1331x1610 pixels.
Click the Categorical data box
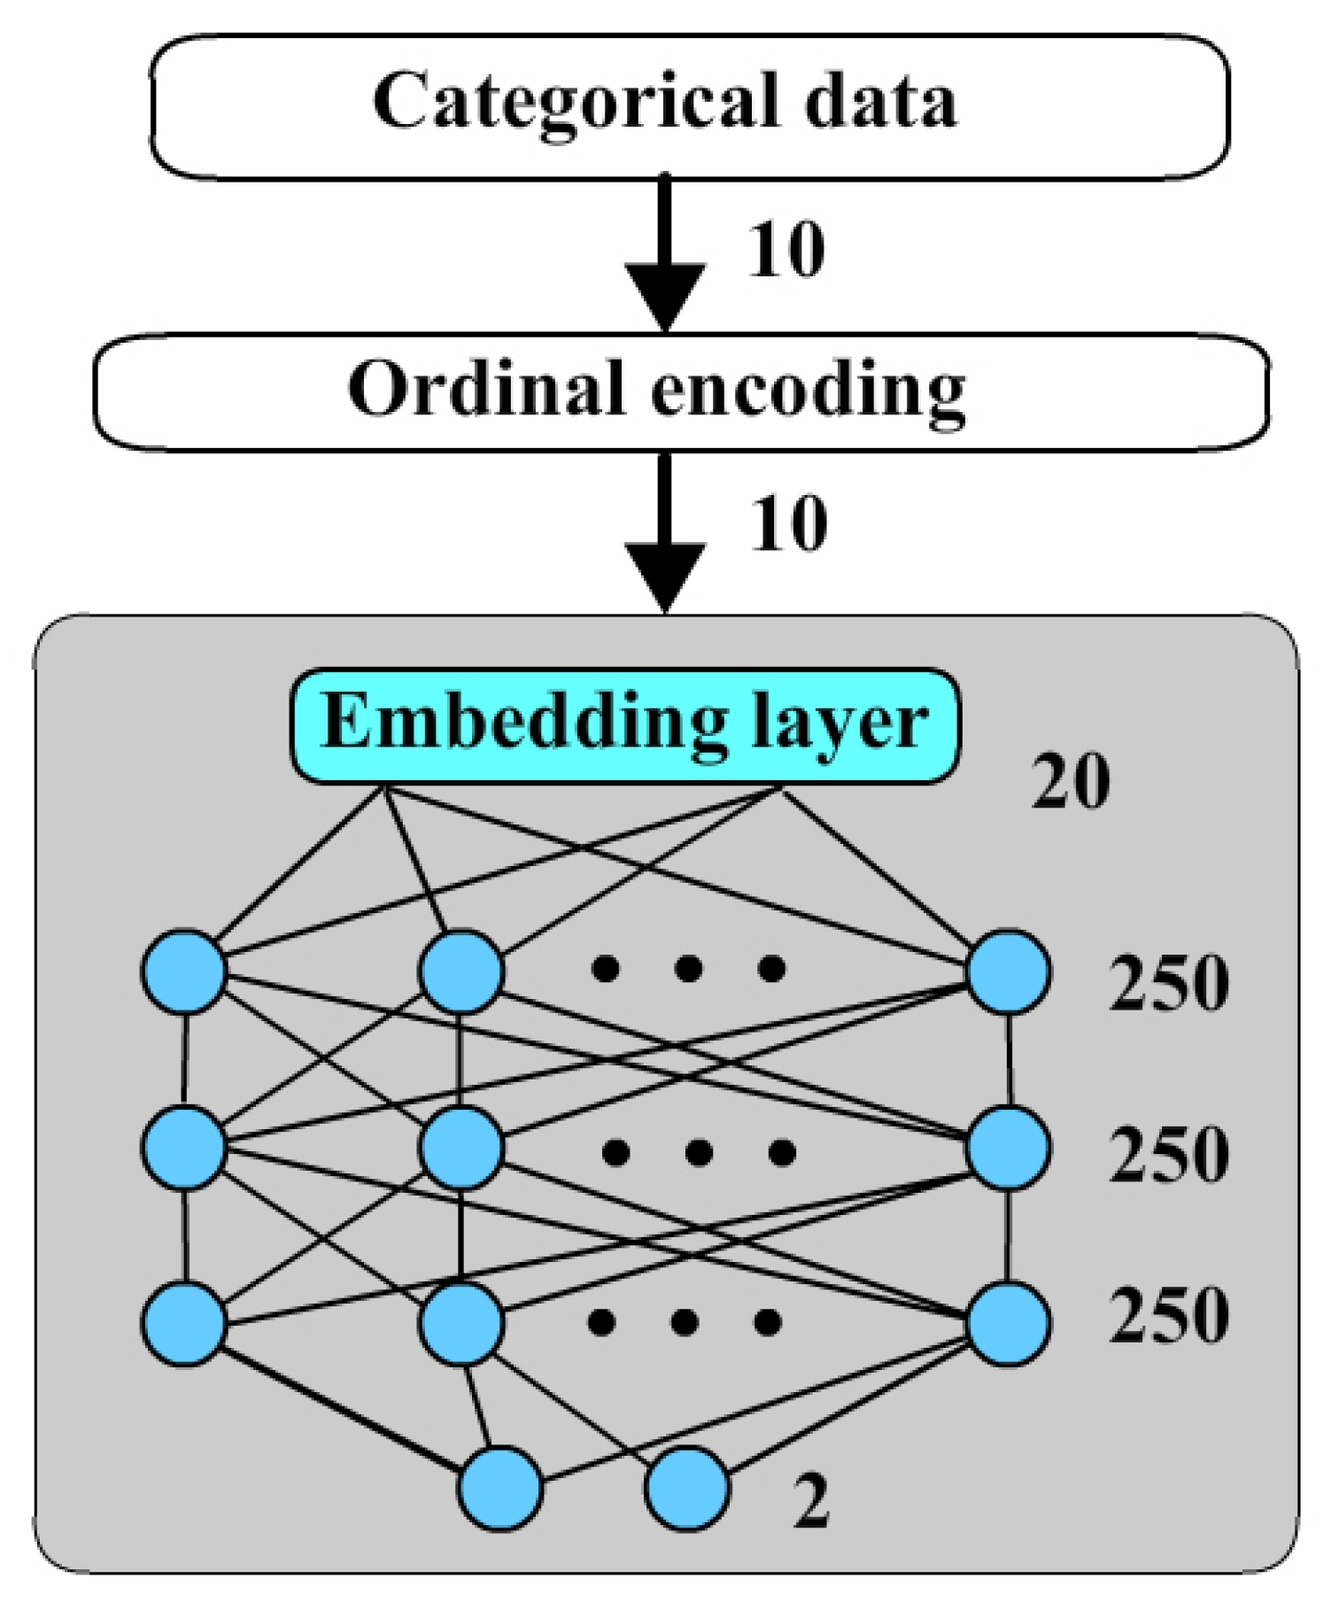[689, 106]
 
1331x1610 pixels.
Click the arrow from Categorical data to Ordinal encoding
[664, 252]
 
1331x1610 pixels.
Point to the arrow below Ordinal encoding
[664, 531]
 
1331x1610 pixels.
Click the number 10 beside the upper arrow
[786, 251]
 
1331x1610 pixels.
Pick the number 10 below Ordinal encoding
[788, 524]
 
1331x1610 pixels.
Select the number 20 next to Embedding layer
[1070, 781]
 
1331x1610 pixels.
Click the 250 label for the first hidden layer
[1168, 983]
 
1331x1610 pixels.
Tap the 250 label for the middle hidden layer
[1168, 1155]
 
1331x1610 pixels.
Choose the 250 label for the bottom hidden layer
[1168, 1316]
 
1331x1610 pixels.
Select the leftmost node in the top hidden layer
[184, 971]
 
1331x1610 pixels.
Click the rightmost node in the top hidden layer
[1009, 971]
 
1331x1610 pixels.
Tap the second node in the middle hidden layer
[461, 1148]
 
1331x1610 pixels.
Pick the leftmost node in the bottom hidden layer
[184, 1324]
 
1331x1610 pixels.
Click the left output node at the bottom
[500, 1489]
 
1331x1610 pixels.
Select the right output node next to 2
[687, 1489]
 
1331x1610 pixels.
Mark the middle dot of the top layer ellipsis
[688, 968]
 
